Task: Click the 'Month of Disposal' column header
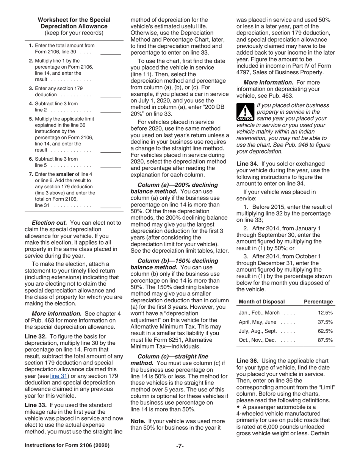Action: pyautogui.click(x=262, y=302)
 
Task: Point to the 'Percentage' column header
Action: pyautogui.click(x=318, y=302)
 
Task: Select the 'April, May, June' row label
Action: pyautogui.click(x=258, y=322)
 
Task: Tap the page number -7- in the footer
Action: pyautogui.click(x=180, y=446)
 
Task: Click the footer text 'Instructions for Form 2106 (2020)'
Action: pyautogui.click(x=67, y=446)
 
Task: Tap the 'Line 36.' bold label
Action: pyautogui.click(x=247, y=361)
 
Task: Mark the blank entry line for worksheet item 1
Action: pyautogui.click(x=111, y=54)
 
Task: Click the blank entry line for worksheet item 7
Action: pyautogui.click(x=111, y=207)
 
